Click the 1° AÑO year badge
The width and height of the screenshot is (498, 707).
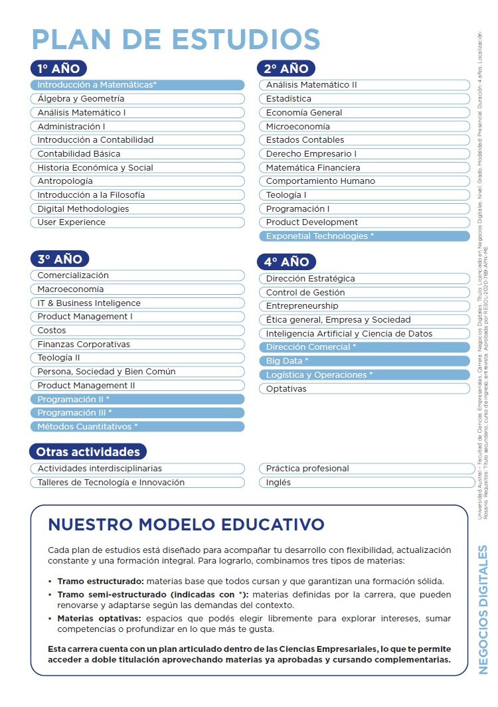click(58, 68)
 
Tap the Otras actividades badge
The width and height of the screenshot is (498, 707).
click(88, 452)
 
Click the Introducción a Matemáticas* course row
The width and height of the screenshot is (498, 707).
click(137, 85)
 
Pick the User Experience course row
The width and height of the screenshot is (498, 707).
click(137, 222)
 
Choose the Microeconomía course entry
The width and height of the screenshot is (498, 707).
click(365, 126)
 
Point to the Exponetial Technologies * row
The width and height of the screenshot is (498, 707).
click(365, 236)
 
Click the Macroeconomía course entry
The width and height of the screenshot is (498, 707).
click(137, 289)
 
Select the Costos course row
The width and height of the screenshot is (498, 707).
click(137, 331)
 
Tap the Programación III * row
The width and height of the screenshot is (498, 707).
click(137, 413)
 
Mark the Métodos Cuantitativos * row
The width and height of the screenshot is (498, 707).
click(137, 427)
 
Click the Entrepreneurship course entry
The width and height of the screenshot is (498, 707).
click(365, 306)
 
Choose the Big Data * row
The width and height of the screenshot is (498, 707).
click(365, 361)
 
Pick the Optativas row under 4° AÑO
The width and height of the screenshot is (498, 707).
click(365, 388)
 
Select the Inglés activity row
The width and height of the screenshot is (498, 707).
click(365, 483)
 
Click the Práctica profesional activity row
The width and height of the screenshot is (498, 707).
click(365, 469)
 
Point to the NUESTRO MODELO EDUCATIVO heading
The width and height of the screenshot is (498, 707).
click(186, 524)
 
